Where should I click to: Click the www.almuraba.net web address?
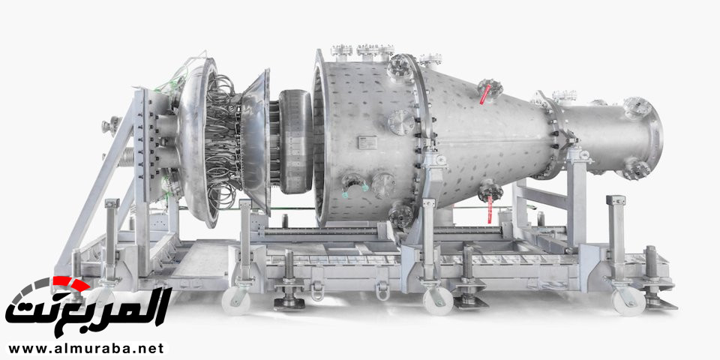pos(85,348)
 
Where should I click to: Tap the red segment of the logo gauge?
pos(70,283)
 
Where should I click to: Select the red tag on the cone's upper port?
pos(484,94)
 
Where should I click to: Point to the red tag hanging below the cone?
pos(490,210)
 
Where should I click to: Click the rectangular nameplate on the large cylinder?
pos(367,142)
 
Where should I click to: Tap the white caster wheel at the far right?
pos(628,301)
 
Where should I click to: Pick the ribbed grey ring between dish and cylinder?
pos(295,141)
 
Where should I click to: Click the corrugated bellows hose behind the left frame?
pos(127,157)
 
